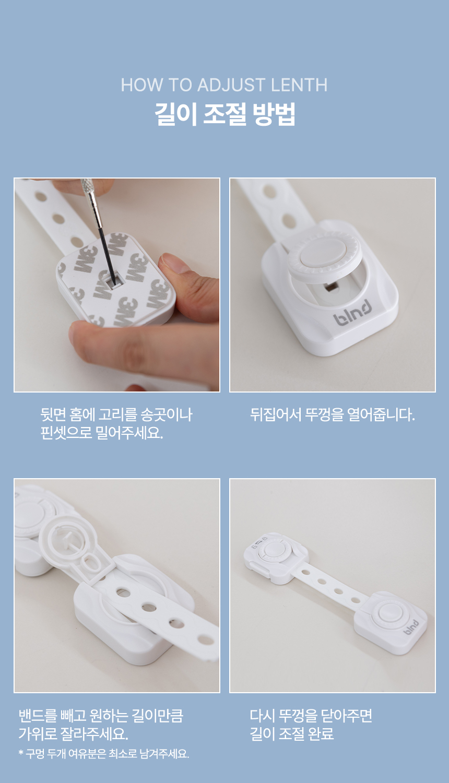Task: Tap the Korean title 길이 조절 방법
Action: (x=224, y=114)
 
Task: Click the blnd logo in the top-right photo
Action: (x=353, y=313)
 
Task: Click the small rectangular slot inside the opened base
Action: (x=329, y=287)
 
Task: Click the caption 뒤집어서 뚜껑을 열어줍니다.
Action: (x=332, y=415)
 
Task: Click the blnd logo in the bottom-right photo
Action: (x=411, y=627)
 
